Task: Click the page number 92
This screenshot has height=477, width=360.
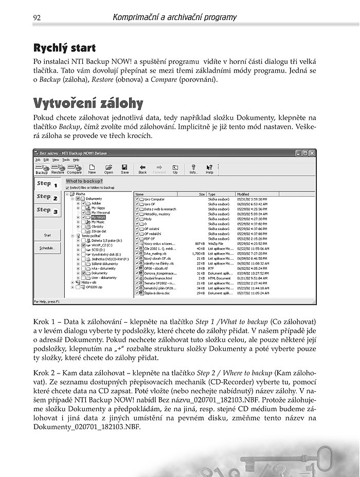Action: tap(37, 17)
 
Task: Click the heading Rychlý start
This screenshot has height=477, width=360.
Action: tap(64, 48)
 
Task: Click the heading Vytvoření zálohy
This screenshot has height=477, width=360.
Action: tap(88, 101)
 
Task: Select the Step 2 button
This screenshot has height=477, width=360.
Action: tap(47, 197)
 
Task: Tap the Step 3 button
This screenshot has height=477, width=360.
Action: tap(47, 210)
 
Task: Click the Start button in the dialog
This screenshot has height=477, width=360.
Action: tap(47, 235)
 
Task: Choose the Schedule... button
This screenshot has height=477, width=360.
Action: tap(47, 248)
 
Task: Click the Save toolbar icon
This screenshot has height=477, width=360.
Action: tap(124, 169)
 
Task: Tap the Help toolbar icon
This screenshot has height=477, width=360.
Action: tap(209, 169)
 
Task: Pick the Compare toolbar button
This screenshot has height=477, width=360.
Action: tap(75, 169)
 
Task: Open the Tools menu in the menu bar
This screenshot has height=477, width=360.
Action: tap(66, 160)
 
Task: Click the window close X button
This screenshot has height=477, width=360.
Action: tap(312, 153)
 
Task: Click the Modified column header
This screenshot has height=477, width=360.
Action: tap(243, 194)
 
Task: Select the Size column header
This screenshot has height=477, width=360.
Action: tap(202, 194)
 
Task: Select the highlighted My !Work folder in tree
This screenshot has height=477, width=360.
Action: tap(98, 217)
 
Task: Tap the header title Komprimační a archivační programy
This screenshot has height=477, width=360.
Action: tap(174, 17)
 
